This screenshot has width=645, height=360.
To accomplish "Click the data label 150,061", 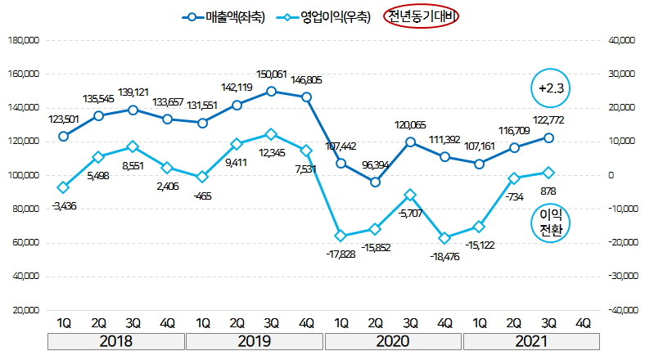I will click(272, 74).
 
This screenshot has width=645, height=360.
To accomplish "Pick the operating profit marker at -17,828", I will click(341, 236).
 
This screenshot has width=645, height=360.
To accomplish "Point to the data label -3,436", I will click(63, 206).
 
